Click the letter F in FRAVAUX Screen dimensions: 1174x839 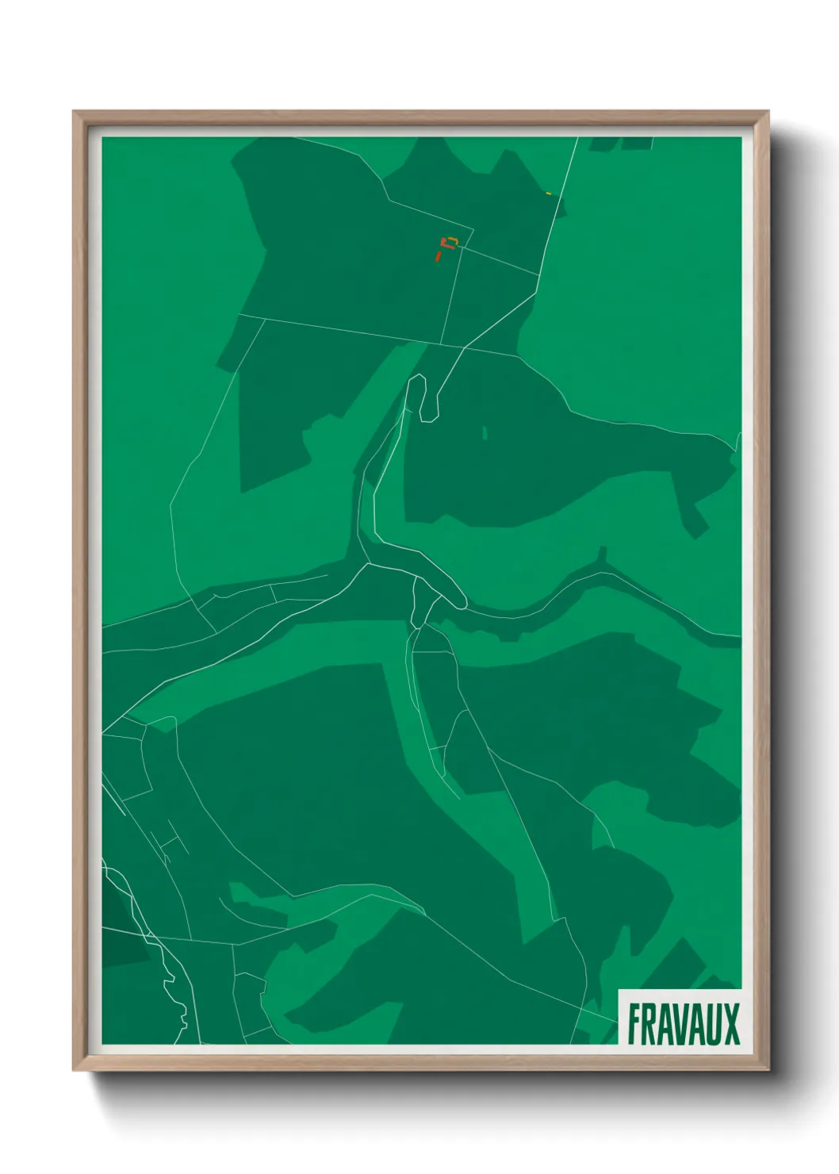click(635, 1024)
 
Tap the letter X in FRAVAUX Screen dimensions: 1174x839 click(731, 1024)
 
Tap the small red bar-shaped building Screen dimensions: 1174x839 click(437, 256)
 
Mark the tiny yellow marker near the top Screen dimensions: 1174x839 click(549, 193)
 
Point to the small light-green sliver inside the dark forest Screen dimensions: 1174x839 click(485, 433)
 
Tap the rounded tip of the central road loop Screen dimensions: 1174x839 click(461, 603)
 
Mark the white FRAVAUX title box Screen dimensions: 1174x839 click(680, 1018)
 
